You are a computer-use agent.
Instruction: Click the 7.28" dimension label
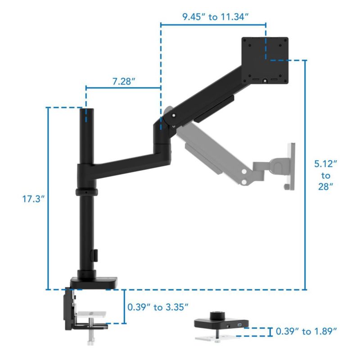coord(123,81)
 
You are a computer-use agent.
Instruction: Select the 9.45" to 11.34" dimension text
coord(216,17)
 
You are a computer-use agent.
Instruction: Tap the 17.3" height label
coord(33,199)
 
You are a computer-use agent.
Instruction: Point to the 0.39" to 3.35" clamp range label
coord(158,307)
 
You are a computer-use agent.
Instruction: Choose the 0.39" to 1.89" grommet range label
coord(306,331)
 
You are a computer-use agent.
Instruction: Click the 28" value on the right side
coord(325,187)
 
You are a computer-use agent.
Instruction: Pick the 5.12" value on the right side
coord(325,164)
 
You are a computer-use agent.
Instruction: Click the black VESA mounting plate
coord(265,61)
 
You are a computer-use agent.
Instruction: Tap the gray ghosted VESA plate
coord(291,166)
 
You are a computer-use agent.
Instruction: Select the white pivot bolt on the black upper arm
coord(174,116)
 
